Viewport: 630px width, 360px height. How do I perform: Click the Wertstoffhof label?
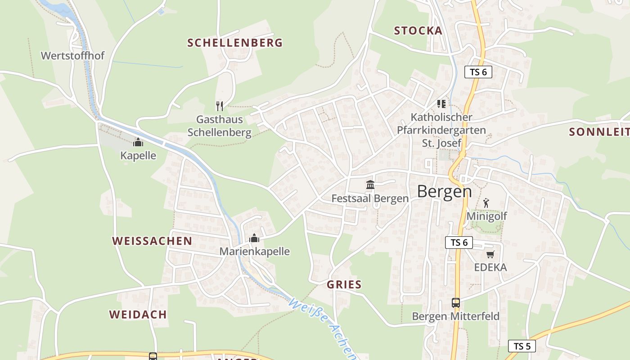72,56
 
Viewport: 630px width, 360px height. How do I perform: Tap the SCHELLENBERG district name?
235,43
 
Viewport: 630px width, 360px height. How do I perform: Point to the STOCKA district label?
418,31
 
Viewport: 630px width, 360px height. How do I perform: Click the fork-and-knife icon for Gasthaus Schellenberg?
220,106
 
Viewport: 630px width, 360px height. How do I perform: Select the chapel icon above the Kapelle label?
138,142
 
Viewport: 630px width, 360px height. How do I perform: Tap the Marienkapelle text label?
255,251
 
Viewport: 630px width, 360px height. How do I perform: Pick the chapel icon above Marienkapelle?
255,238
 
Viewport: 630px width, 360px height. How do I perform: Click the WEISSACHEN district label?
152,241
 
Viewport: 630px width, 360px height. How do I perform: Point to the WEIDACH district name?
138,314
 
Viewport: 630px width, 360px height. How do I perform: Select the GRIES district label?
344,284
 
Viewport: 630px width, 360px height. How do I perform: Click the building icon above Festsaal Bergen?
370,184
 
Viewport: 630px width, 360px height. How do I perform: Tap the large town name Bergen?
444,191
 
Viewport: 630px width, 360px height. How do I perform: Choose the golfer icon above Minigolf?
486,203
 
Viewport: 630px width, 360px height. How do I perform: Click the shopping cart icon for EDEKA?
490,254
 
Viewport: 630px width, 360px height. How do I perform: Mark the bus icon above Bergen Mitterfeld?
456,303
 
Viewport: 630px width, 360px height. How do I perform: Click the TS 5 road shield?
522,346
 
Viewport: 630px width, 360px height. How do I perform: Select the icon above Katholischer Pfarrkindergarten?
441,104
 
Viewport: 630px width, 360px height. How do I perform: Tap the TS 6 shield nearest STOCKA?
478,72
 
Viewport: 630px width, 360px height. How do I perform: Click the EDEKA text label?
490,267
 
